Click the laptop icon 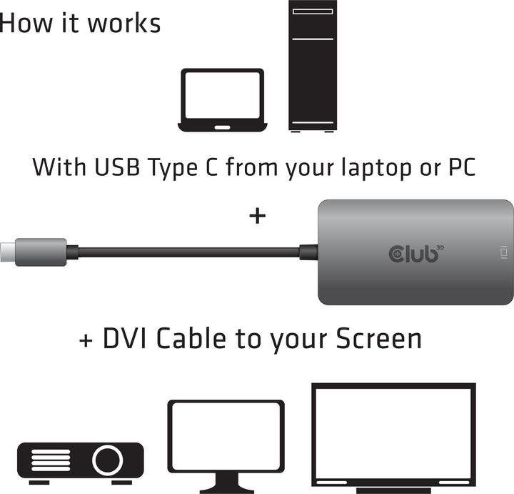[x=223, y=100]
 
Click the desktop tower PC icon [x=313, y=66]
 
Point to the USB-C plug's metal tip [x=6, y=252]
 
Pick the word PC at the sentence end [x=460, y=168]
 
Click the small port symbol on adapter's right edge [x=503, y=252]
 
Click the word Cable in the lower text [x=192, y=338]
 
